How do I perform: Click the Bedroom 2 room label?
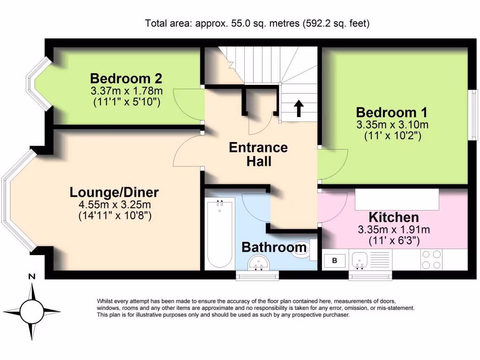126,78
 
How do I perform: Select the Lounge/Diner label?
114,192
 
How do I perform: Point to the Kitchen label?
394,217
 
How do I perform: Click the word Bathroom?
274,247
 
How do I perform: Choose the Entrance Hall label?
258,155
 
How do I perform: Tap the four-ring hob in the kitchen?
431,259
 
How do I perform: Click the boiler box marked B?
335,261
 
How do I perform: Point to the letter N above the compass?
32,277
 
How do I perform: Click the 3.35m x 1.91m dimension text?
394,230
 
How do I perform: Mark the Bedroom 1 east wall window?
474,115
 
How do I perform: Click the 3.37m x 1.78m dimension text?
126,90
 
